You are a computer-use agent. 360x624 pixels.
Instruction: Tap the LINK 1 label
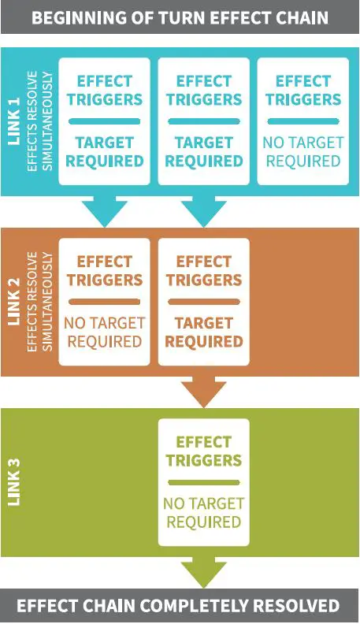click(14, 121)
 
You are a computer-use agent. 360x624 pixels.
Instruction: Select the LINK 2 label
click(14, 301)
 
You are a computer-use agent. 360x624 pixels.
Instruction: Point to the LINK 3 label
click(14, 482)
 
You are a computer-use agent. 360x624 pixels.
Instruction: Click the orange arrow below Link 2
click(204, 392)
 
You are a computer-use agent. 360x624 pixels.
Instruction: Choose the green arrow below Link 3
click(204, 572)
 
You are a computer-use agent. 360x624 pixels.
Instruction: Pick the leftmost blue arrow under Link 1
click(105, 211)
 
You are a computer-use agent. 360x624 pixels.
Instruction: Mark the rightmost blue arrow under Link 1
click(204, 211)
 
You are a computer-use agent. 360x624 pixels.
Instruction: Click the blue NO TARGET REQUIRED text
click(303, 151)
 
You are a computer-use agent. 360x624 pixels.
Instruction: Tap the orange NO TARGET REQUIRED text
click(105, 332)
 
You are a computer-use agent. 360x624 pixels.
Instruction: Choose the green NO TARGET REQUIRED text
click(204, 513)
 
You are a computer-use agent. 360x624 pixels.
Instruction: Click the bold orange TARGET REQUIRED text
click(204, 332)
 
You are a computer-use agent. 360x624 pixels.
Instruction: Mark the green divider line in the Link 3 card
click(204, 482)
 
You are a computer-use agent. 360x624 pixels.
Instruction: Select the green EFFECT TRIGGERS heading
click(204, 451)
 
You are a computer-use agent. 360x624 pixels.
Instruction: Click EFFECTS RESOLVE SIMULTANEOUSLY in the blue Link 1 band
click(40, 121)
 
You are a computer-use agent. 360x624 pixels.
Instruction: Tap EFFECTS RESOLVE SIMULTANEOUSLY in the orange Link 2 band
click(40, 301)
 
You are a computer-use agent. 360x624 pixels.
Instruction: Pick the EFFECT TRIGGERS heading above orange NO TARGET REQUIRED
click(105, 271)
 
